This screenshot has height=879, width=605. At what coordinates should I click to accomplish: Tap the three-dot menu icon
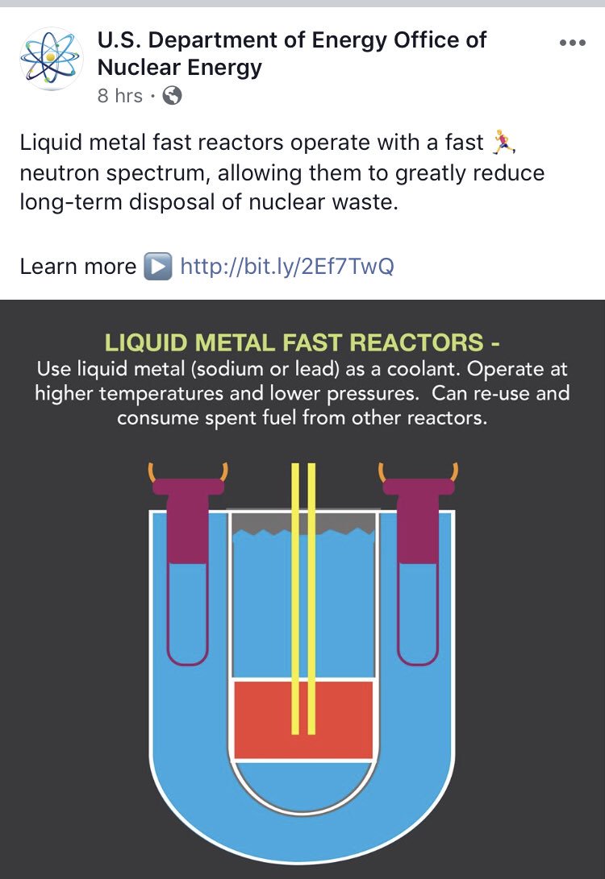click(x=572, y=43)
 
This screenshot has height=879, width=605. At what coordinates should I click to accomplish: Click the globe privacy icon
click(x=172, y=96)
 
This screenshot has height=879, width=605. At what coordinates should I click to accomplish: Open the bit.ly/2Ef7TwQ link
click(x=287, y=267)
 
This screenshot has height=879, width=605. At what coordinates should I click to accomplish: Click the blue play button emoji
click(x=157, y=267)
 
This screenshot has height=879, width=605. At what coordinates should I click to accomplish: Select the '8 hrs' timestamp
click(x=119, y=96)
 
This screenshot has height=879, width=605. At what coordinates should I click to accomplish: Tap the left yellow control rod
click(x=295, y=596)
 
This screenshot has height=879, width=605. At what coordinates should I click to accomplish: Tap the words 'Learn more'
click(x=78, y=267)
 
